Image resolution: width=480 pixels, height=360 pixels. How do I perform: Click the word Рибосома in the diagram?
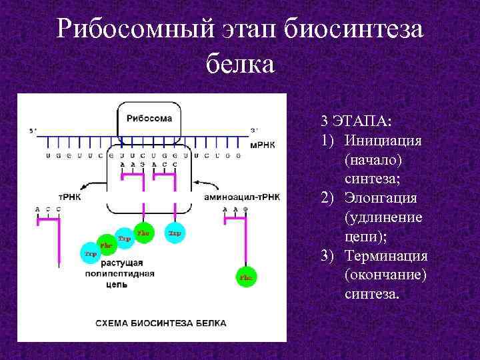[x=149, y=118]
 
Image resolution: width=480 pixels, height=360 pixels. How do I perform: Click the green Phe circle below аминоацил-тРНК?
[x=247, y=277]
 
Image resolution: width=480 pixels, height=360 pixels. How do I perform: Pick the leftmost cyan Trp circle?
[x=89, y=253]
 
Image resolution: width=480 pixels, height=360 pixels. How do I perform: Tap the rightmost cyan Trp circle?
[x=175, y=233]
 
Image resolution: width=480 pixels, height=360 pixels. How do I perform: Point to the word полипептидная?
[x=120, y=273]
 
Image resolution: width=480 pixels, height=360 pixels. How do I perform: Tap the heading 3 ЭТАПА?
[x=357, y=121]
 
